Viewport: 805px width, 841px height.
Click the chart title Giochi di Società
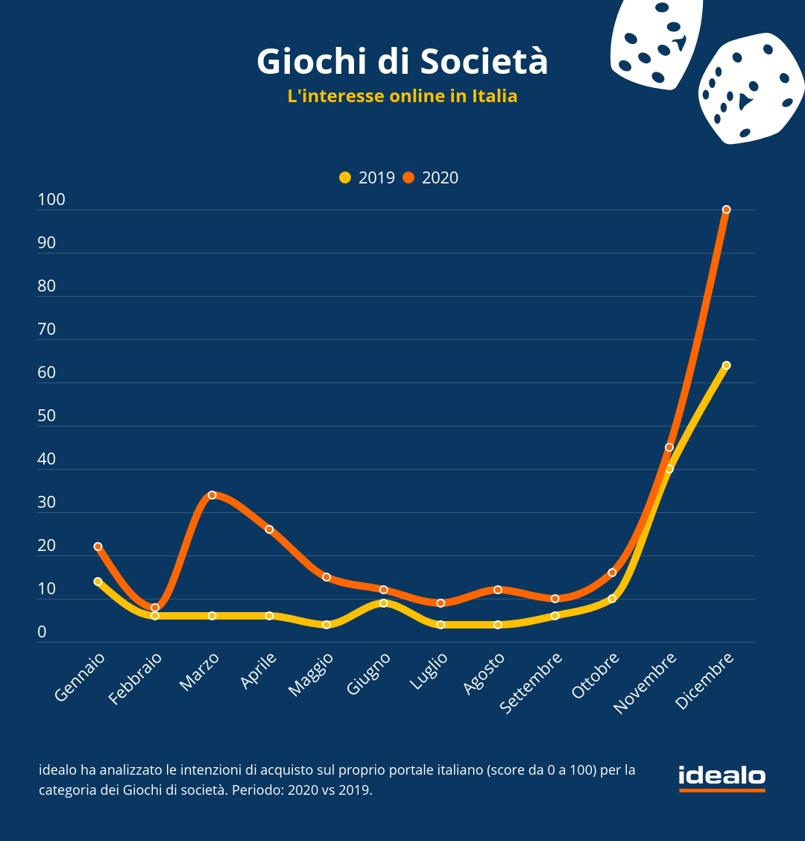[x=402, y=62]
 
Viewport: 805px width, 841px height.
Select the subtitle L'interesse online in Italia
[x=402, y=96]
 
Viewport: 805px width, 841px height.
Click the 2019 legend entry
[x=367, y=177]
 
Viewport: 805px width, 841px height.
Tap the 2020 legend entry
[x=431, y=177]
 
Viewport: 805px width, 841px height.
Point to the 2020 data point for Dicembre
[x=726, y=210]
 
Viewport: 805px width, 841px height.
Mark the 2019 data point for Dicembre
[x=726, y=365]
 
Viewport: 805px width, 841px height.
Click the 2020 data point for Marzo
[x=212, y=495]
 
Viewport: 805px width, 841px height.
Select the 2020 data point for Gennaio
[x=98, y=547]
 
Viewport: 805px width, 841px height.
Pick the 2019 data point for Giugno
[x=383, y=603]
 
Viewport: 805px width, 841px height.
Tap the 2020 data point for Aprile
[x=269, y=529]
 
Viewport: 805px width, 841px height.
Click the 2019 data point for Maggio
[x=326, y=625]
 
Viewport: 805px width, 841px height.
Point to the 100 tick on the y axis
[x=51, y=200]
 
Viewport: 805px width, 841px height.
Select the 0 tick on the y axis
[x=42, y=632]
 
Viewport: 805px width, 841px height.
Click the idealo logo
[x=722, y=777]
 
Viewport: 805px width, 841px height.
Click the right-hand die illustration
[x=750, y=88]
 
